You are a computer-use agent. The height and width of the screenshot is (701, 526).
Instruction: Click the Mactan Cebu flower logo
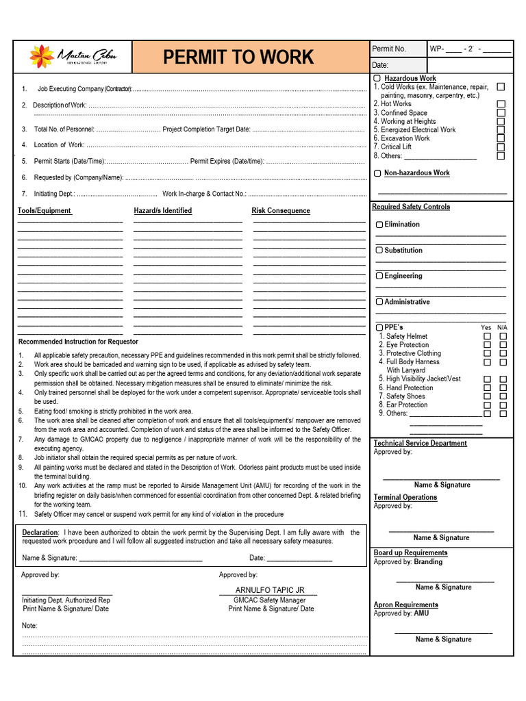42,57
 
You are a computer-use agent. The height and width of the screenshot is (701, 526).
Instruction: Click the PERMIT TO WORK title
238,58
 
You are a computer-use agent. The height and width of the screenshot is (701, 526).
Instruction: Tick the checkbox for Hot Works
501,104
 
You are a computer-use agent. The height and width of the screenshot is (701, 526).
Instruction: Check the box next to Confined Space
501,113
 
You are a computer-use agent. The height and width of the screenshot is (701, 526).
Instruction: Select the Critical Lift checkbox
501,147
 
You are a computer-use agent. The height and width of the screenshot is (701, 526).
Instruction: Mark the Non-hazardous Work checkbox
377,174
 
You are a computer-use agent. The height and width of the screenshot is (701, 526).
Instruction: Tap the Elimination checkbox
379,225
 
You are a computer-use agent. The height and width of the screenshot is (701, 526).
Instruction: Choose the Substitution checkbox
379,251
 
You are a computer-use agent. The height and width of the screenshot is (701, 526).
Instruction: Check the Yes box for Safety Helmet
487,336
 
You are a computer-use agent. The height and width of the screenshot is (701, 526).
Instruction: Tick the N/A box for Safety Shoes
503,396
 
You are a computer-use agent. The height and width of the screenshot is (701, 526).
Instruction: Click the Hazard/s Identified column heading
162,211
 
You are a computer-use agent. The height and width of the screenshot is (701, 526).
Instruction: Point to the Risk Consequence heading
281,211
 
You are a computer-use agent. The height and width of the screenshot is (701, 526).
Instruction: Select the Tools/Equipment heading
45,211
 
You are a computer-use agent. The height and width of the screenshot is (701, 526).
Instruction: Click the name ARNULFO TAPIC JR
269,590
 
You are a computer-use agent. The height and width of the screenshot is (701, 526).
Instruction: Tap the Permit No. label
388,49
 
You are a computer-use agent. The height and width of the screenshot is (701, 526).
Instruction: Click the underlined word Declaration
40,533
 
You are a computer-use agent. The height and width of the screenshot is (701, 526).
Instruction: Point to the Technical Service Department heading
420,444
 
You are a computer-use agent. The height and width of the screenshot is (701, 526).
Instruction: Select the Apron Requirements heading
405,605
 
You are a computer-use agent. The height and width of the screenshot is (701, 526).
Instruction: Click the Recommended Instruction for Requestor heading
78,342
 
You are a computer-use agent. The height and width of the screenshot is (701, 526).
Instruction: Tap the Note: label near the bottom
29,626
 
